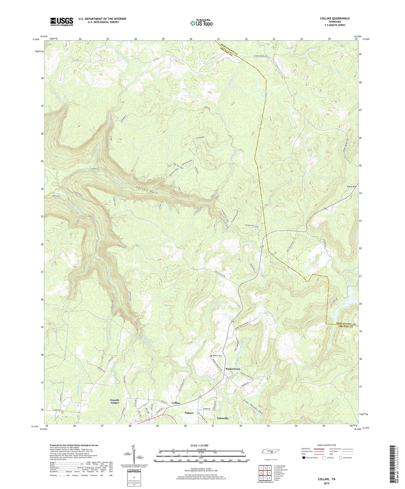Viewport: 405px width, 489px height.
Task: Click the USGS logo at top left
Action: pyautogui.click(x=62, y=22)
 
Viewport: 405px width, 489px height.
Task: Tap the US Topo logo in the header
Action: pyautogui.click(x=201, y=23)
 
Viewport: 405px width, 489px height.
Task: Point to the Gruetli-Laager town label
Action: pyautogui.click(x=114, y=401)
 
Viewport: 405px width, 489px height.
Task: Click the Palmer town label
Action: pyautogui.click(x=189, y=413)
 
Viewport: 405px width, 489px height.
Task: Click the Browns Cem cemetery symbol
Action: pyautogui.click(x=211, y=356)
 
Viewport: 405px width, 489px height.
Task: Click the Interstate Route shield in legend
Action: pyautogui.click(x=304, y=458)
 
